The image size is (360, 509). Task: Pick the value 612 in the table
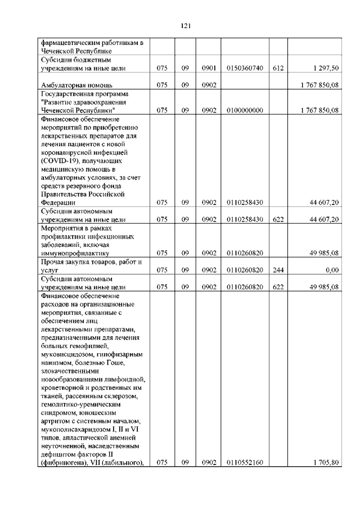click(x=277, y=68)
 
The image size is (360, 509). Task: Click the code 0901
click(x=209, y=68)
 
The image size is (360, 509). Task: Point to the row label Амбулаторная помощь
click(x=75, y=85)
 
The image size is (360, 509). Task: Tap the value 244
click(x=277, y=270)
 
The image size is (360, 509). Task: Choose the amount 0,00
click(x=332, y=270)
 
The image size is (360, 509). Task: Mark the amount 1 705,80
click(x=327, y=462)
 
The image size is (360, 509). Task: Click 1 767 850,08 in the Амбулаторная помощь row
click(x=319, y=85)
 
